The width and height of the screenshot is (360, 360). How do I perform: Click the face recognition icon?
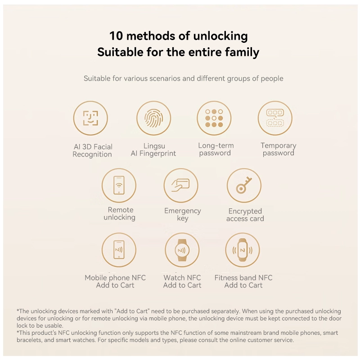(x=90, y=118)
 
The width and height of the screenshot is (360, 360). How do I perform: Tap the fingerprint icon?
(x=153, y=118)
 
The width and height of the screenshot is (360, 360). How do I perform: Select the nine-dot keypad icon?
(x=214, y=118)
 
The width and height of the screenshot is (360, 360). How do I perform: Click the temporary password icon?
(x=275, y=117)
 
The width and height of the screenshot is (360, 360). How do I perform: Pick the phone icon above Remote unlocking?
(x=119, y=185)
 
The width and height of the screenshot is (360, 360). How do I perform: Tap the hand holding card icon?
(x=181, y=185)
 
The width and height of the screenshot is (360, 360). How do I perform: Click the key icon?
(x=244, y=185)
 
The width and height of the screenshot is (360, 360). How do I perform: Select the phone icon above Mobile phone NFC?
(x=119, y=250)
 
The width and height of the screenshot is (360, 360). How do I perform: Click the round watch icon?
(x=182, y=250)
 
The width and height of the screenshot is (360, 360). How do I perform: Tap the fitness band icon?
(x=243, y=250)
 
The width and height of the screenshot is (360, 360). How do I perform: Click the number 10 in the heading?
(x=116, y=36)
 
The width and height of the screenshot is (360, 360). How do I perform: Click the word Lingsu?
(x=154, y=146)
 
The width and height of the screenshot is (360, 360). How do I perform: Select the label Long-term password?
(x=216, y=149)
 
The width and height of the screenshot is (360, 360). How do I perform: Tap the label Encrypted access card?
(x=245, y=215)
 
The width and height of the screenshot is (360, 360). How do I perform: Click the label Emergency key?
(x=183, y=215)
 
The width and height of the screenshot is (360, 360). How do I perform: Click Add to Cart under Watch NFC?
(x=182, y=285)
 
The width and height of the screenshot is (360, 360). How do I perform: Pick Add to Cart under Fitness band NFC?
(x=243, y=285)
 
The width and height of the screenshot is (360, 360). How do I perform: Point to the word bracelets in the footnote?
(x=29, y=340)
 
